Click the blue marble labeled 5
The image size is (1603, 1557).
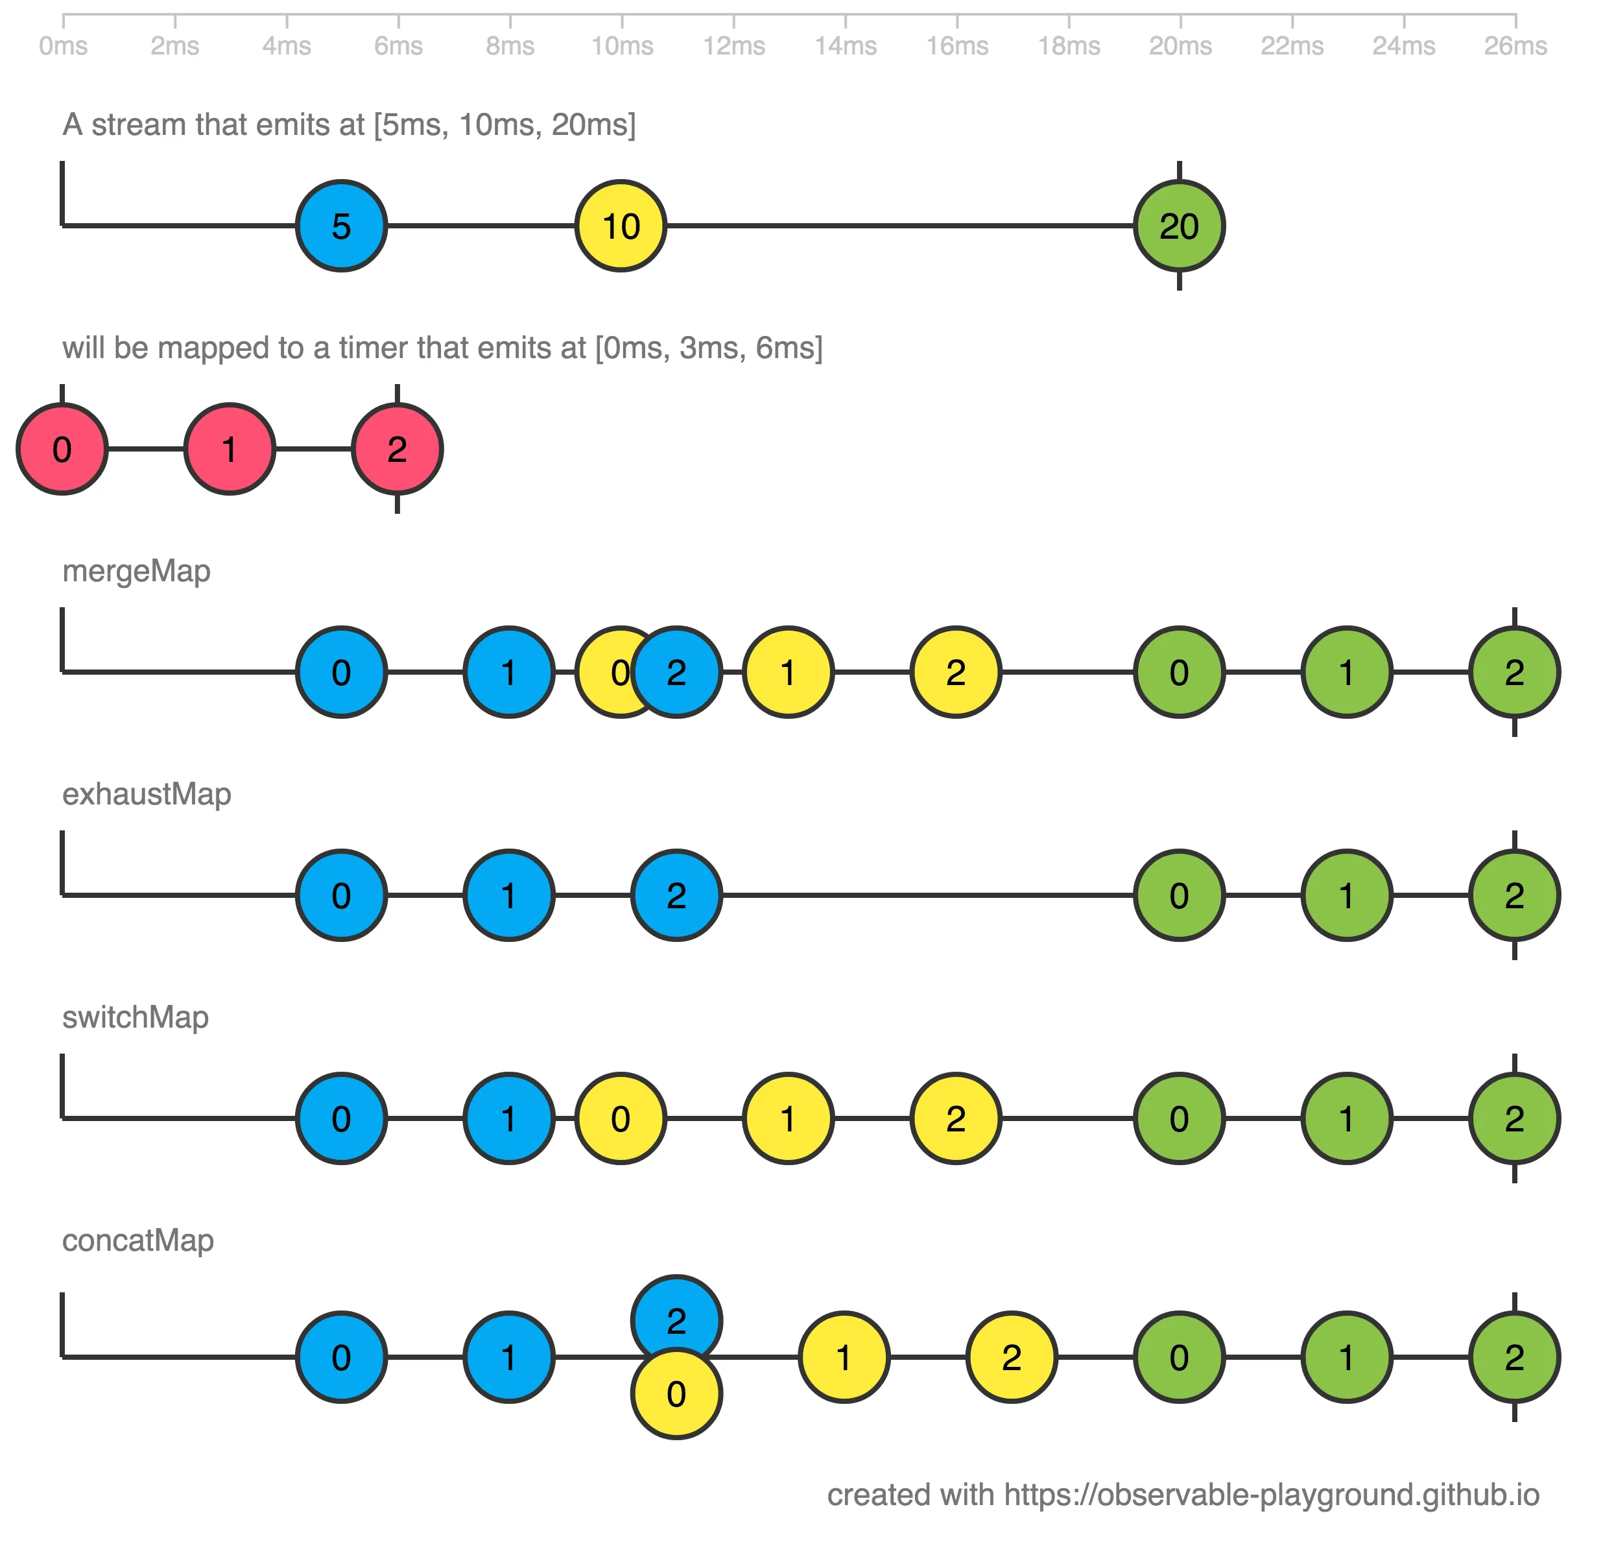click(x=341, y=226)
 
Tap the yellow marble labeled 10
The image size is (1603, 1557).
click(x=621, y=226)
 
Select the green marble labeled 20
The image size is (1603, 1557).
click(x=1178, y=226)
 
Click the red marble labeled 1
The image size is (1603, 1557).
click(x=230, y=449)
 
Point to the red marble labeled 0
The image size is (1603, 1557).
click(x=62, y=449)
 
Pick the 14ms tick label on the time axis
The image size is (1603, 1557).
click(x=845, y=46)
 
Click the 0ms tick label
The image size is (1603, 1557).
click(x=63, y=46)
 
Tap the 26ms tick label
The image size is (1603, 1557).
click(x=1515, y=46)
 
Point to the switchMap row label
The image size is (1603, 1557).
click(x=136, y=1018)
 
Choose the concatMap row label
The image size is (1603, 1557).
click(x=138, y=1241)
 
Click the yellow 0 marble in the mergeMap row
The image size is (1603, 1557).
click(x=605, y=673)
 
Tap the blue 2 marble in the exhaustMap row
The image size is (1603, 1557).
click(x=676, y=896)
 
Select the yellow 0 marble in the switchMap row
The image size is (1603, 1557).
click(x=621, y=1118)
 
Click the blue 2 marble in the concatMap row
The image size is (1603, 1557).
click(x=676, y=1309)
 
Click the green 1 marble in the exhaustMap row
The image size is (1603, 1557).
click(x=1346, y=896)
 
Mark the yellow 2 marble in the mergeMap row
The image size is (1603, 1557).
click(x=955, y=673)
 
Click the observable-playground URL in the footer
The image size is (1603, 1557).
click(x=1271, y=1495)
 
